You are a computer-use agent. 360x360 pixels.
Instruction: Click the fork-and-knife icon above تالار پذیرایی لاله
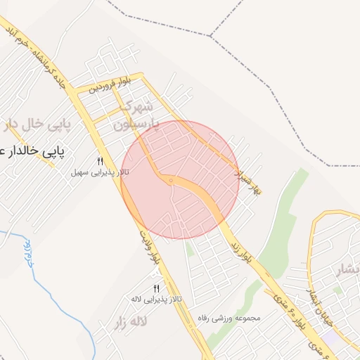156,289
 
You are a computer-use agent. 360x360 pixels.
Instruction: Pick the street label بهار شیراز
250,181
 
